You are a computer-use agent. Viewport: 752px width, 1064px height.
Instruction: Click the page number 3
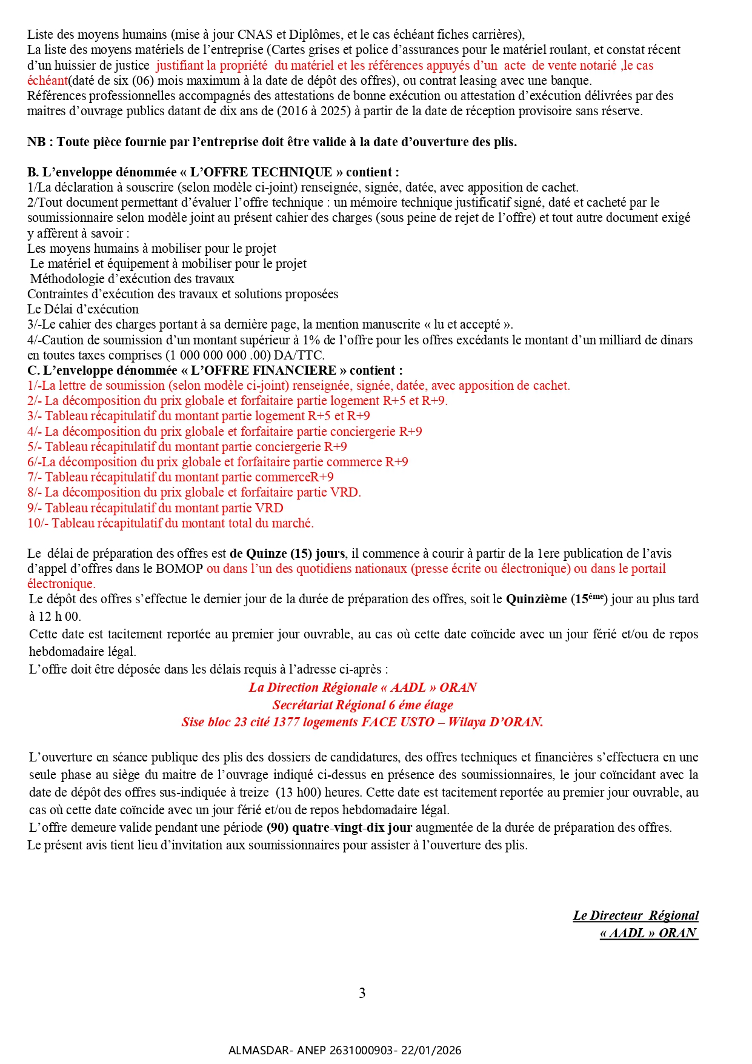[362, 993]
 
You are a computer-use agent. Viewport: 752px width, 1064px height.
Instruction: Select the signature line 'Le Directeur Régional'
[636, 915]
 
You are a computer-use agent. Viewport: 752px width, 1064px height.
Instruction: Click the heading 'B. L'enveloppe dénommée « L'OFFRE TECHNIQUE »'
[213, 172]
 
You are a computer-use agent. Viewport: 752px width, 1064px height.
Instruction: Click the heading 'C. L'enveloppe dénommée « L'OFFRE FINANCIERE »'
[215, 370]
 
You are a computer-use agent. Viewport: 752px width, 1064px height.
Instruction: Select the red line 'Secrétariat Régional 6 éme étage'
[362, 705]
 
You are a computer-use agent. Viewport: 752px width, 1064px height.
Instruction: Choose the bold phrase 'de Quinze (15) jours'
[287, 554]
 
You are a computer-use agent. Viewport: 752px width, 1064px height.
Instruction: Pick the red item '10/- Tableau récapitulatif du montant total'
[170, 523]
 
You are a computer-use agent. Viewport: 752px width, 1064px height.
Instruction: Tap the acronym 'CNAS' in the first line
[255, 35]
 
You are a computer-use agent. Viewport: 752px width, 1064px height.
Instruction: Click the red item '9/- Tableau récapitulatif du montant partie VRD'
[155, 508]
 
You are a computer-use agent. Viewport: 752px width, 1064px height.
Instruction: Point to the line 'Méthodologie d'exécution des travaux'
[132, 279]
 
